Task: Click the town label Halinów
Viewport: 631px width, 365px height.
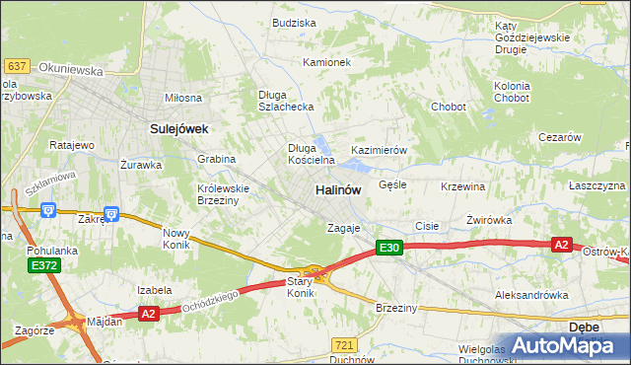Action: (338, 189)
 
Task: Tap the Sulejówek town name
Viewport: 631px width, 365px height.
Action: (176, 128)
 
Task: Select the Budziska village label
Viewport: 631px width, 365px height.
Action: (294, 22)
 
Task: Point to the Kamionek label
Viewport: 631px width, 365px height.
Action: (327, 62)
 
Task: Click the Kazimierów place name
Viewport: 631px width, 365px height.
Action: (380, 150)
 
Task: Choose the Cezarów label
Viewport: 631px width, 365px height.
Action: (560, 138)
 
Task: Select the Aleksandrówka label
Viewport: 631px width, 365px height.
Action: (531, 295)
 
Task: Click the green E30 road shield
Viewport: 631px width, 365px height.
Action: (389, 250)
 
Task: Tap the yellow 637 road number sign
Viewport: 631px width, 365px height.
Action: (16, 65)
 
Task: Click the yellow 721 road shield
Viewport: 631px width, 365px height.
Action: (344, 344)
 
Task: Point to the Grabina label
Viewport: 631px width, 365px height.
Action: (216, 158)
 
